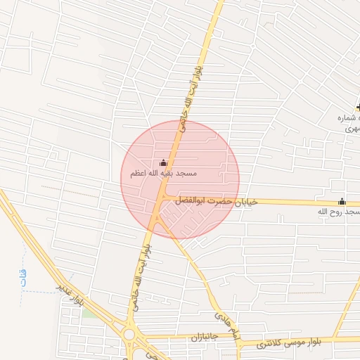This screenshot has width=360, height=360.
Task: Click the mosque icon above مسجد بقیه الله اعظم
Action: pyautogui.click(x=164, y=164)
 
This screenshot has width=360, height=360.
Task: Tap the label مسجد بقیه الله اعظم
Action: pyautogui.click(x=163, y=174)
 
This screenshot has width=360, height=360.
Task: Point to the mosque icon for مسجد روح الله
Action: pyautogui.click(x=342, y=201)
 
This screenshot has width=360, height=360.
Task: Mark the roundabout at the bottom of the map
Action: pyautogui.click(x=129, y=333)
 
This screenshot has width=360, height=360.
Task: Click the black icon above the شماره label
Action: pyautogui.click(x=358, y=108)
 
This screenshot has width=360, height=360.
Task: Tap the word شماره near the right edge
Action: pyautogui.click(x=349, y=117)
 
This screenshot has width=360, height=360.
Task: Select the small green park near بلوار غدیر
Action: pyautogui.click(x=89, y=311)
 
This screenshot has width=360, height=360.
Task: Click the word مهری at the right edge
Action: pyautogui.click(x=352, y=128)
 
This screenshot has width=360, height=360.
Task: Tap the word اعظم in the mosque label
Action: pyautogui.click(x=138, y=174)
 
